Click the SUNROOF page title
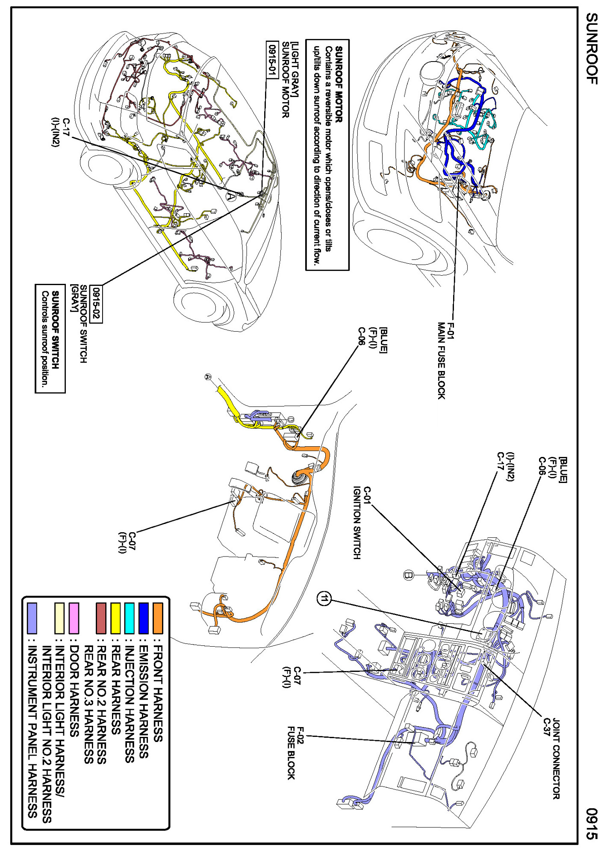pos(591,48)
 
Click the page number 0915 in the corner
pos(592,823)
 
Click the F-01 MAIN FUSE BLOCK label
pos(446,360)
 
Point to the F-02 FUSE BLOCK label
pos(296,753)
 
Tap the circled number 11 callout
pos(324,599)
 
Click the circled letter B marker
pos(409,575)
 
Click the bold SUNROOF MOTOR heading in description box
pos(339,84)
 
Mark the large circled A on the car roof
pos(231,196)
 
